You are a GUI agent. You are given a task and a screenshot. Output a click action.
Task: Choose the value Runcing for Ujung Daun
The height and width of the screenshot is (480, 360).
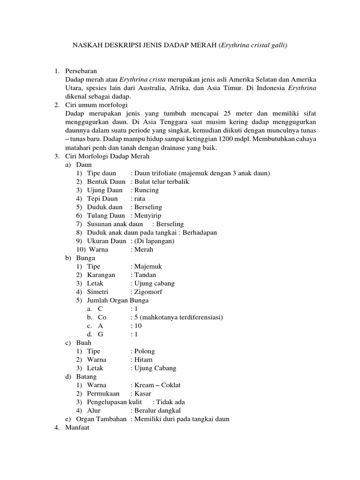tap(146, 190)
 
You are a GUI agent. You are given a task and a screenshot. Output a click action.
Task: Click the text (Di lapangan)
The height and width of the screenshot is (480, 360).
tap(154, 241)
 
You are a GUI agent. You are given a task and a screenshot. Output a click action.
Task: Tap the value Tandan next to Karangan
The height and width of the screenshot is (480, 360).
tap(145, 275)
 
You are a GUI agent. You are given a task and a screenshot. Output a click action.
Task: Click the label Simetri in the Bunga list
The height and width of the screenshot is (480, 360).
tap(98, 292)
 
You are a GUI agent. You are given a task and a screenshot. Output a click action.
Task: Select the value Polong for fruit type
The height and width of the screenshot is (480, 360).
tap(144, 351)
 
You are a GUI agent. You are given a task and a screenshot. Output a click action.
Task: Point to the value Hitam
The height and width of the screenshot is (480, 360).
tap(143, 360)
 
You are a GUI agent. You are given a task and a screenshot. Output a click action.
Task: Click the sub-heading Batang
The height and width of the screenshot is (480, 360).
tap(87, 376)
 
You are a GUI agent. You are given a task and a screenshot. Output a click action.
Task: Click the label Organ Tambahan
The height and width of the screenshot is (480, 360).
tap(101, 419)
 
